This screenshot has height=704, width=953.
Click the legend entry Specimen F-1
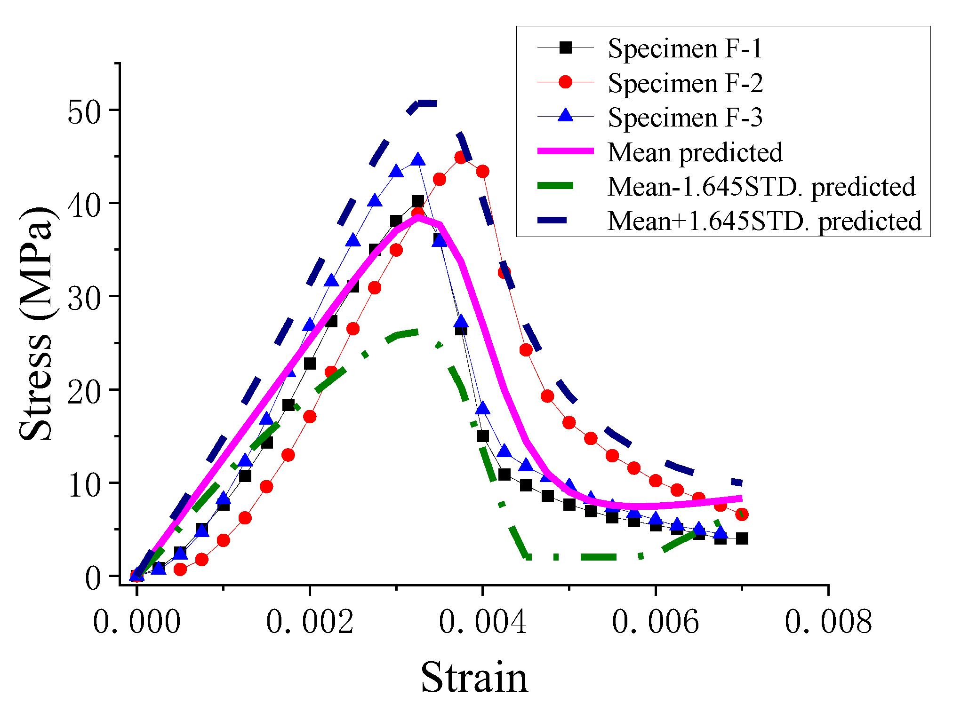pyautogui.click(x=684, y=48)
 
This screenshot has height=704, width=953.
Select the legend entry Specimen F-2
pyautogui.click(x=685, y=83)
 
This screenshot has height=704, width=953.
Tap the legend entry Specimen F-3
pyautogui.click(x=685, y=117)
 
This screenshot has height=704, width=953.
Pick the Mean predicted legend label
pyautogui.click(x=695, y=152)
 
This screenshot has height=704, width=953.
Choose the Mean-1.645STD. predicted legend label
pyautogui.click(x=761, y=187)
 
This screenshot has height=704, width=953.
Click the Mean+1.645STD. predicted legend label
pyautogui.click(x=764, y=221)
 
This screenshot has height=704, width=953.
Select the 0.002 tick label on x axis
pyautogui.click(x=309, y=622)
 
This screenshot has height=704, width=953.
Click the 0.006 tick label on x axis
pyautogui.click(x=655, y=622)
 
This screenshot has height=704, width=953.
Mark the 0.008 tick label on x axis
pyautogui.click(x=828, y=622)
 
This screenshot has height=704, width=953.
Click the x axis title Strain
pyautogui.click(x=474, y=677)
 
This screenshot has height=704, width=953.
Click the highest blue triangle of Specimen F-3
pyautogui.click(x=417, y=160)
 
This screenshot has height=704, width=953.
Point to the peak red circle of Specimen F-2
pyautogui.click(x=461, y=158)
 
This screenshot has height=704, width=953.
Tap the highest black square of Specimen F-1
pyautogui.click(x=417, y=202)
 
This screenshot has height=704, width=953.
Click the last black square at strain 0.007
pyautogui.click(x=742, y=538)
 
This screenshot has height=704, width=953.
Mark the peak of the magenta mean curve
pyautogui.click(x=417, y=217)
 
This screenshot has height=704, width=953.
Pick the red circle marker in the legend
pyautogui.click(x=565, y=82)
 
